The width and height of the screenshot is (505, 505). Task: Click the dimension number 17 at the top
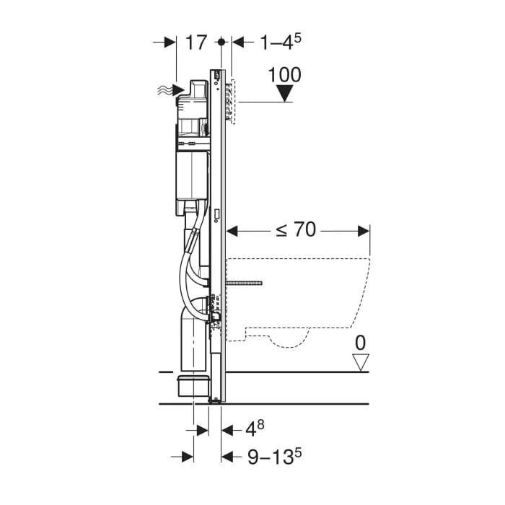[196, 42]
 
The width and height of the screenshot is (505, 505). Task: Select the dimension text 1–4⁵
[281, 42]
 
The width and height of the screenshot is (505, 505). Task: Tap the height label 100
[285, 75]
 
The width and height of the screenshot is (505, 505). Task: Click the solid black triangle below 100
[285, 93]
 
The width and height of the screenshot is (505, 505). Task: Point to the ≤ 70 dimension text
[295, 230]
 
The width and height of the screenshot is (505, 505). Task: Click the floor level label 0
[361, 343]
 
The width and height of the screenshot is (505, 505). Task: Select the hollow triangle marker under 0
[361, 363]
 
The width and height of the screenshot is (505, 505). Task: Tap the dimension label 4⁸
[255, 429]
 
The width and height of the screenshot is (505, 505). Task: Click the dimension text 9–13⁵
[275, 456]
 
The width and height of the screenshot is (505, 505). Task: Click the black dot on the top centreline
[221, 42]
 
